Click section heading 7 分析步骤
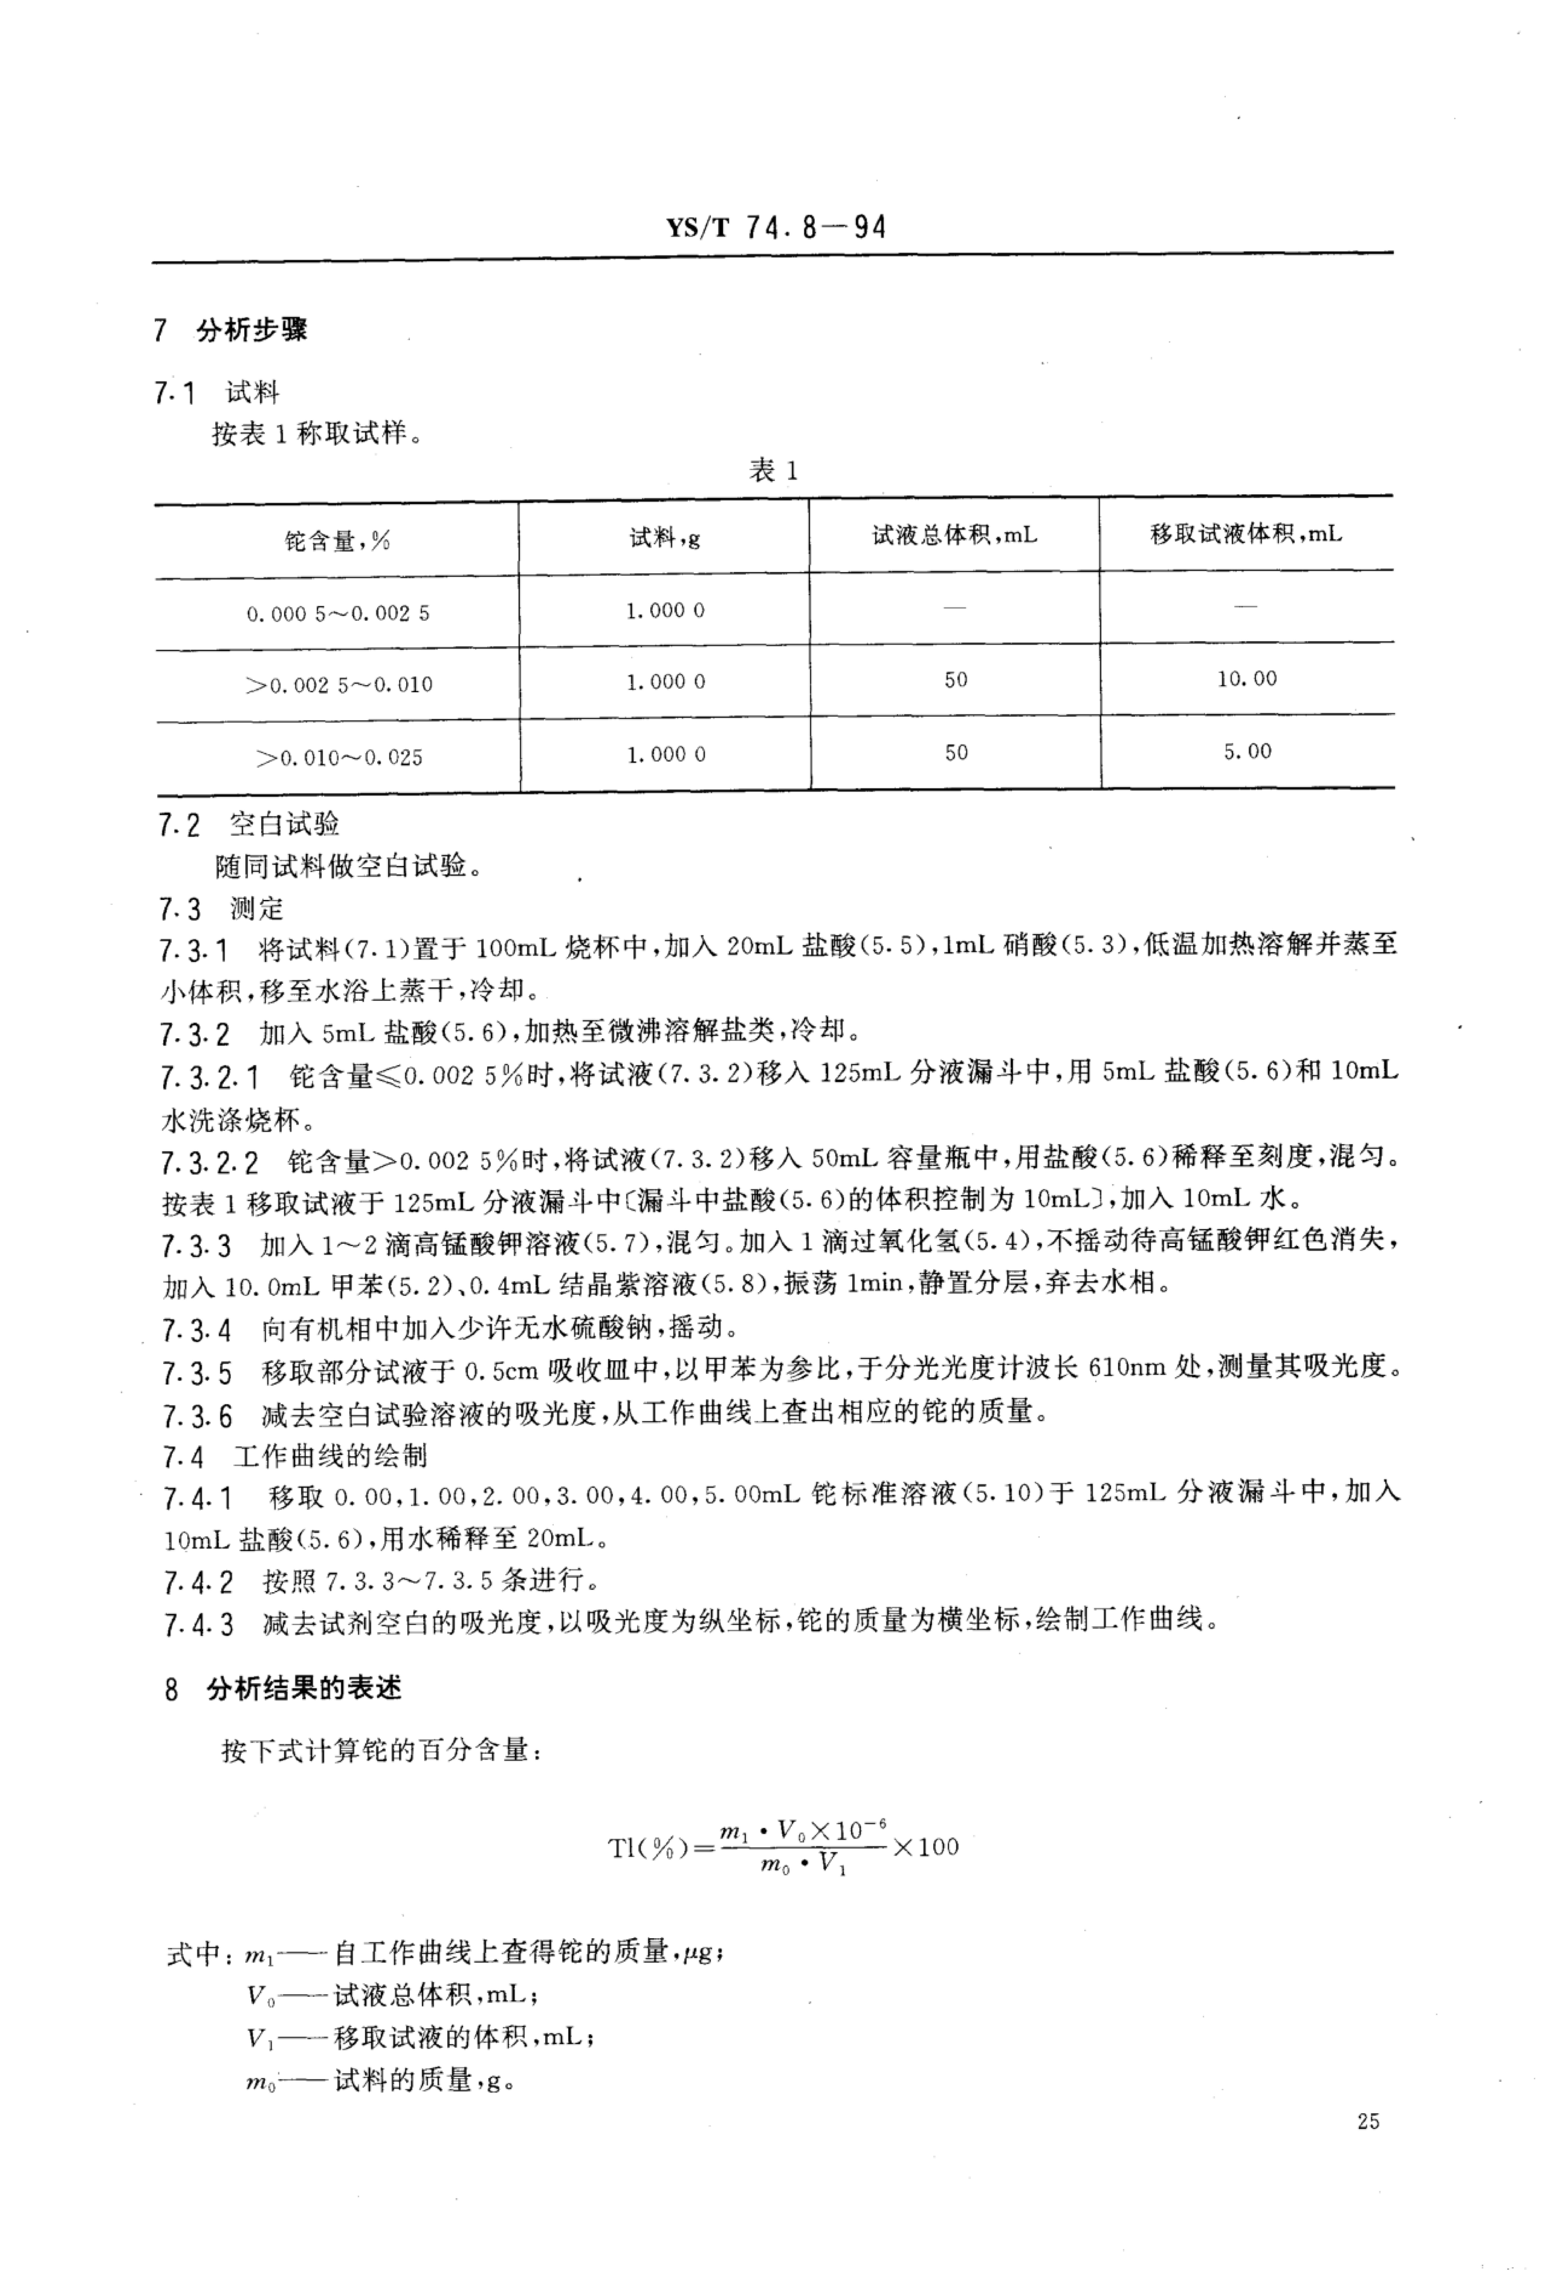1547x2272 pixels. [231, 330]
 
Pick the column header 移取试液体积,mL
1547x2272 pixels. [1246, 534]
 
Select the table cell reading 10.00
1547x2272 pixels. [1247, 678]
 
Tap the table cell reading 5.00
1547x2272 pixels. [1247, 751]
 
